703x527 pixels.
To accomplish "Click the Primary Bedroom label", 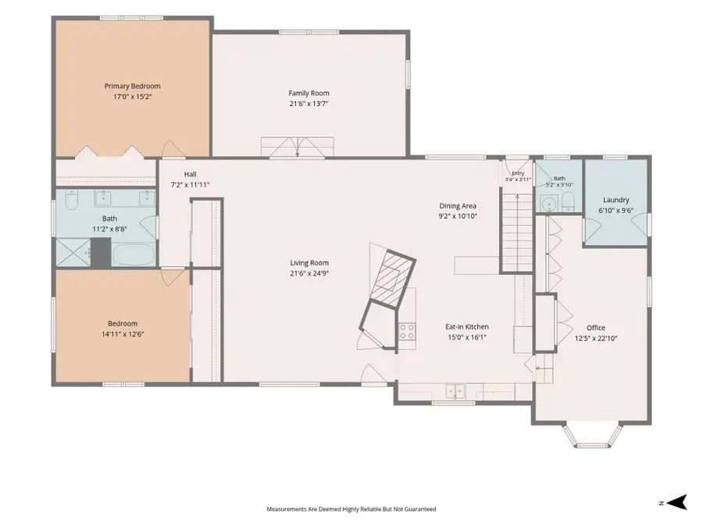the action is [x=132, y=86].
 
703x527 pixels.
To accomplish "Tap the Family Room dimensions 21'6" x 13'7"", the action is [x=309, y=104].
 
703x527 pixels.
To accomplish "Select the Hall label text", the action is [x=190, y=174].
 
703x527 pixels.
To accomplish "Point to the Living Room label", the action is [x=309, y=263].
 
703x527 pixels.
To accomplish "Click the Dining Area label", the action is [x=458, y=206].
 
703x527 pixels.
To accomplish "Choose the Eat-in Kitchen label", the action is [x=467, y=327].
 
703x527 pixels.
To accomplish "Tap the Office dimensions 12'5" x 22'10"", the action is [x=596, y=338].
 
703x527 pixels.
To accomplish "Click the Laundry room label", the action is [x=616, y=201].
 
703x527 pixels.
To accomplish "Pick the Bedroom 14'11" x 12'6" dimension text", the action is [x=123, y=334].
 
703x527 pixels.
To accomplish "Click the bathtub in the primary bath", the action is [x=134, y=255].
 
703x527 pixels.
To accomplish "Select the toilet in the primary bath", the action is [x=72, y=200].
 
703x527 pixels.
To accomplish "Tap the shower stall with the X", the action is [x=73, y=253].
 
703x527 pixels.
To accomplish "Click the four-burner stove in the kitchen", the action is [x=407, y=332].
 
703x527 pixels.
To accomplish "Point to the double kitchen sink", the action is [x=455, y=391].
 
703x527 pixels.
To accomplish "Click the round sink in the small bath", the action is [x=548, y=205].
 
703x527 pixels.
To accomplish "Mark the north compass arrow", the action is [x=677, y=502].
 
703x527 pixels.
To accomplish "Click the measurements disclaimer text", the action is [x=351, y=509].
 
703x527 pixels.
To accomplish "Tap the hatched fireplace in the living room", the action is [x=391, y=280].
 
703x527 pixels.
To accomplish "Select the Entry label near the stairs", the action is [x=518, y=173].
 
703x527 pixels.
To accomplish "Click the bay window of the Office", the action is [x=593, y=436].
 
